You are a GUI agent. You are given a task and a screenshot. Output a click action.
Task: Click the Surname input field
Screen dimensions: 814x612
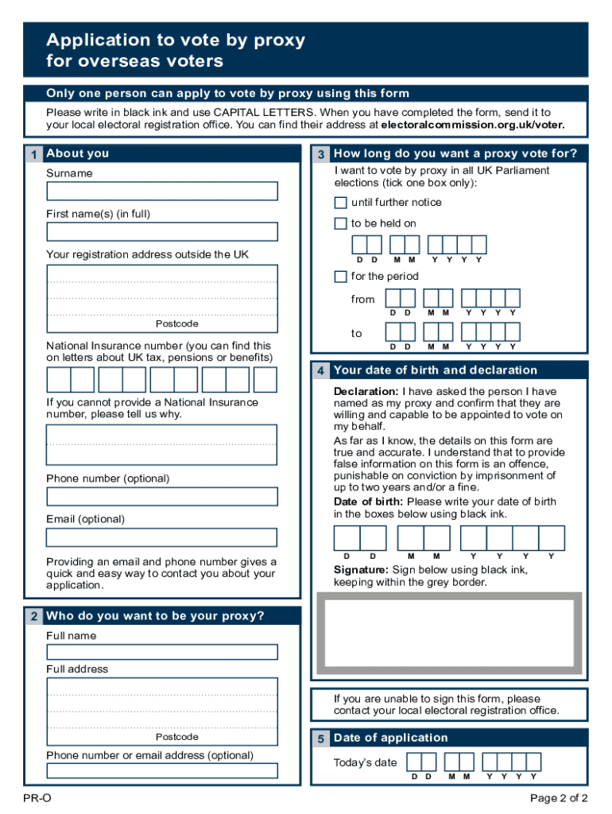[x=162, y=191]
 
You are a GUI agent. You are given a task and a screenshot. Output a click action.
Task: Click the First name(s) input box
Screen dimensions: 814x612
[x=162, y=231]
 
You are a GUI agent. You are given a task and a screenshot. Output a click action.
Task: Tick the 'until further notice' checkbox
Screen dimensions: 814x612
[x=340, y=203]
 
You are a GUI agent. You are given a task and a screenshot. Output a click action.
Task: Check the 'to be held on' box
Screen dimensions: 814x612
[x=340, y=223]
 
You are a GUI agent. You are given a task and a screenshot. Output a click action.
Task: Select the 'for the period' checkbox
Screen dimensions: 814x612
[x=340, y=277]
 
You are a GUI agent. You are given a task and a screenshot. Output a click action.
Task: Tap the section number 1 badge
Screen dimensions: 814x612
[x=33, y=154]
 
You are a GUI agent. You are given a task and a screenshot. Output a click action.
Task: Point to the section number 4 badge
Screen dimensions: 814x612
[x=320, y=370]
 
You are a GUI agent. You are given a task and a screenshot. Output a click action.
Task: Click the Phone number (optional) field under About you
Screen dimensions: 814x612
[x=162, y=496]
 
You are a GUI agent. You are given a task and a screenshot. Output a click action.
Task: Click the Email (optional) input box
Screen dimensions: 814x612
[x=162, y=537]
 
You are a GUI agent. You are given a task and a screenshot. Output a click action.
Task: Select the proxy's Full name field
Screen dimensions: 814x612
[x=162, y=652]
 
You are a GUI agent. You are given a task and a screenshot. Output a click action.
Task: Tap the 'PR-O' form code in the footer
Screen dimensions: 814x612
[x=37, y=798]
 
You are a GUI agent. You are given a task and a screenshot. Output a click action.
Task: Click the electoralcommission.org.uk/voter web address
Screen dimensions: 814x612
[x=473, y=125]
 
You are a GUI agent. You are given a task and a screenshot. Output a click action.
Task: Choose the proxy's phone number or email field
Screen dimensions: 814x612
[x=162, y=770]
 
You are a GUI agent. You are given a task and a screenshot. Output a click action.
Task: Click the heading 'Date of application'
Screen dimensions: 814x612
[x=391, y=738]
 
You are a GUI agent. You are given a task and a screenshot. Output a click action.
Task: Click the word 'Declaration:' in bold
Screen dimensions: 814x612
[x=366, y=391]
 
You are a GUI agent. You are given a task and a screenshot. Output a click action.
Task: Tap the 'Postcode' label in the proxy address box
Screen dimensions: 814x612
[x=177, y=737]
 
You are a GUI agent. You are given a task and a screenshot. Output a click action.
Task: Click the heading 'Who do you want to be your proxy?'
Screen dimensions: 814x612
[x=155, y=616]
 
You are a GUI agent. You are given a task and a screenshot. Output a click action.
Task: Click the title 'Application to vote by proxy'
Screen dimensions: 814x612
[x=176, y=40]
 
